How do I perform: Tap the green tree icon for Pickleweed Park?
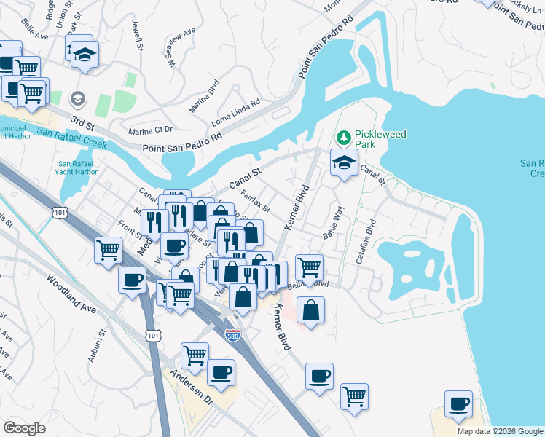point(344,137)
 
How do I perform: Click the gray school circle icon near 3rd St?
point(77,98)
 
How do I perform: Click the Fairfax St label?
point(255,202)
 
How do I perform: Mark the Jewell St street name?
point(137,35)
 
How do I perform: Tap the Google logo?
point(24,428)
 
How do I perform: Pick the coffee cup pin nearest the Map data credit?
point(459,403)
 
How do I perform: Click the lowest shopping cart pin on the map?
point(355,396)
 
